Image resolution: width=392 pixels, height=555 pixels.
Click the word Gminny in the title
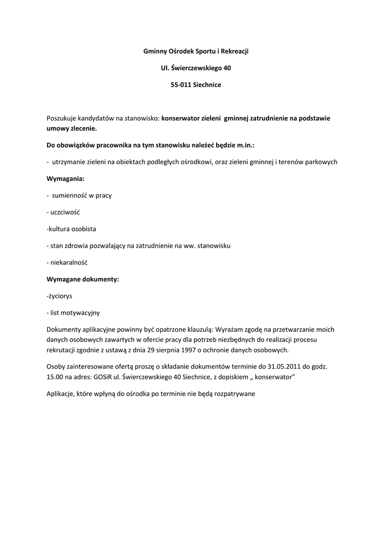[x=155, y=51]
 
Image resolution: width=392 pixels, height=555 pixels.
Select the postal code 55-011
[x=181, y=85]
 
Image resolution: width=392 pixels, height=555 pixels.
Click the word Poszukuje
[x=61, y=117]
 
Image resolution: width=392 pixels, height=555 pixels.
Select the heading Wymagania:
[x=66, y=178]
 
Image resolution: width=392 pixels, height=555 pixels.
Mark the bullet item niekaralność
[x=69, y=262]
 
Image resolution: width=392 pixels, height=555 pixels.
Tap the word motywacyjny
[x=81, y=313]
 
